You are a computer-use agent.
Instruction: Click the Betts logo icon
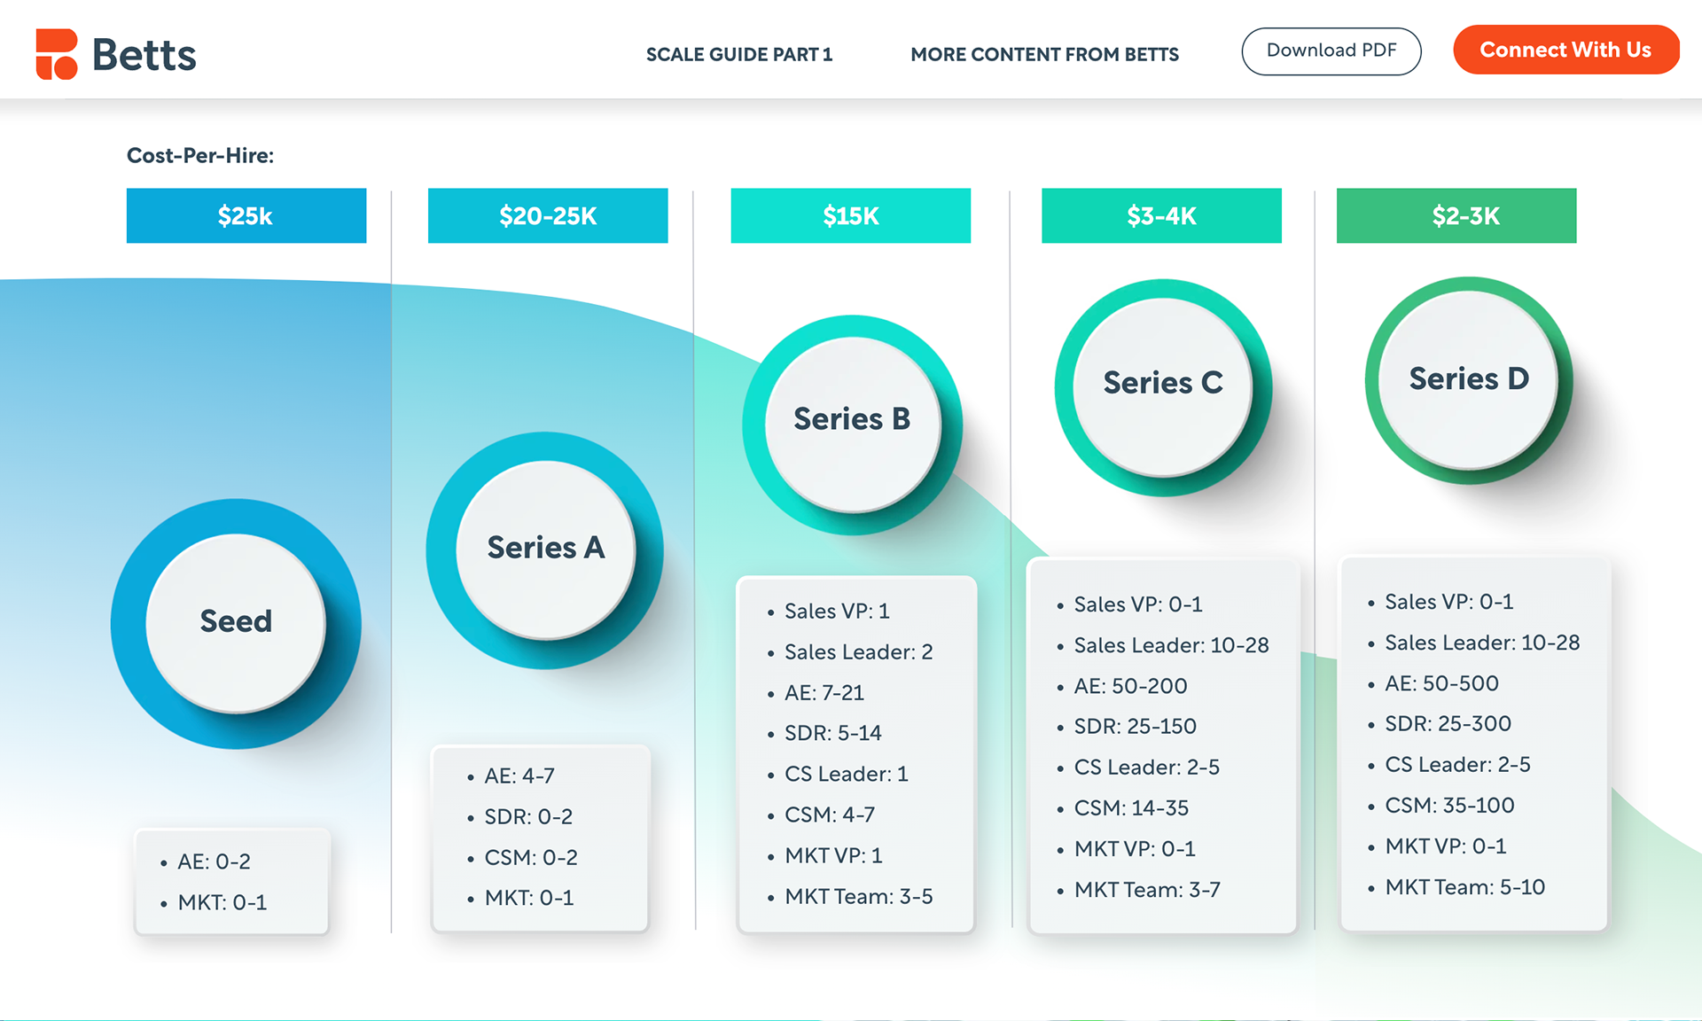click(57, 54)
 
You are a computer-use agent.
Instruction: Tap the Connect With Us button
click(1565, 51)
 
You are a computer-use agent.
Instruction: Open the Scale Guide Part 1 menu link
click(739, 55)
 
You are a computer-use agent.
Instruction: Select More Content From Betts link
click(1044, 55)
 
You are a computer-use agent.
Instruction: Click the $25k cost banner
click(246, 215)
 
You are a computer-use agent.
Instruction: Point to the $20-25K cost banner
click(548, 215)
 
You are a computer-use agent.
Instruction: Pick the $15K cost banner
click(850, 215)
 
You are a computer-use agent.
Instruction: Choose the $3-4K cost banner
click(1161, 215)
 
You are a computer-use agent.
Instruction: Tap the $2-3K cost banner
click(1456, 215)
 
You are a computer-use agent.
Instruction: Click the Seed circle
click(236, 622)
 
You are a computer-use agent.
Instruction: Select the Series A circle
click(545, 549)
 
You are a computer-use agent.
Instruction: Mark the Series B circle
click(852, 420)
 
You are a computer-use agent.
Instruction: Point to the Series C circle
click(1163, 384)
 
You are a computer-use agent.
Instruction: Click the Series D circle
click(1468, 379)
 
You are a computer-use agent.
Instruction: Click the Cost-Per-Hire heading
click(200, 156)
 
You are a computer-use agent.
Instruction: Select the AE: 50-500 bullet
click(1441, 683)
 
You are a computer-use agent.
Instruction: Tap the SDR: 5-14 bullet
click(832, 733)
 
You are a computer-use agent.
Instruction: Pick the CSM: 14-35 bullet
click(1131, 808)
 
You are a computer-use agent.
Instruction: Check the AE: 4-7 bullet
click(519, 776)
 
